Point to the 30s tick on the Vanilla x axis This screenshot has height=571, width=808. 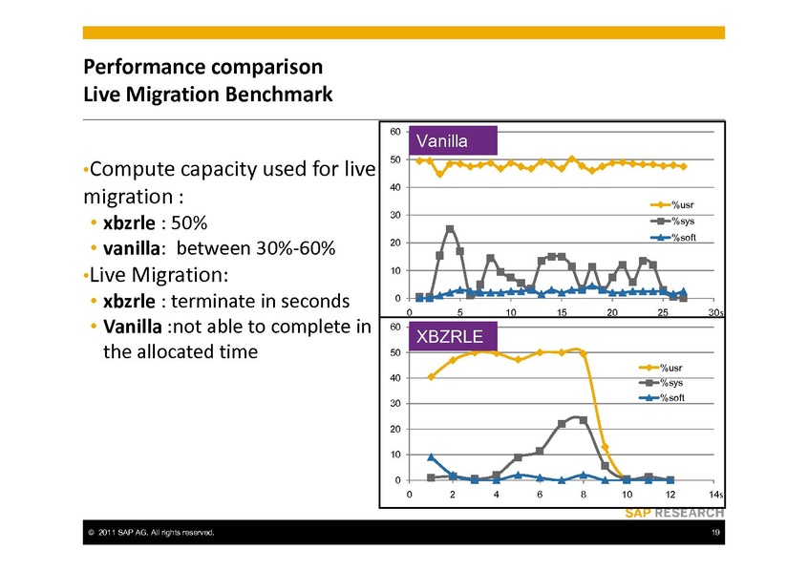coord(717,312)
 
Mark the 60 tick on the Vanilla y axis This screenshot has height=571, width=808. coord(394,131)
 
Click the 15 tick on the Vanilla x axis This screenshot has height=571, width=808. coord(562,312)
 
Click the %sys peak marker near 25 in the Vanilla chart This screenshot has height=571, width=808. coord(450,229)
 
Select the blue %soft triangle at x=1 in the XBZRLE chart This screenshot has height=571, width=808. coord(432,457)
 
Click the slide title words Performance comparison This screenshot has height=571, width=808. coord(202,69)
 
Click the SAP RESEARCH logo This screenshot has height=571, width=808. coord(674,513)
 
